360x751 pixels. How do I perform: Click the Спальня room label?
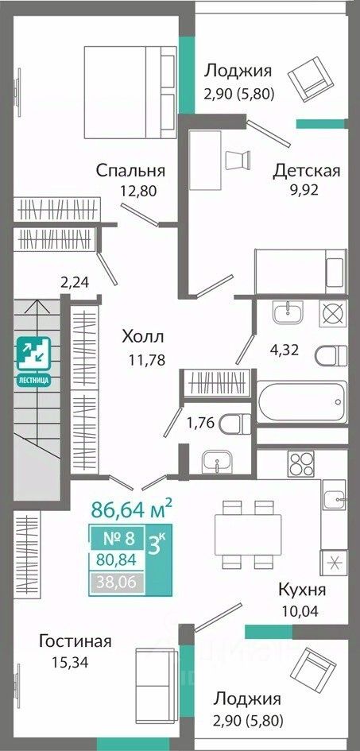coord(130,171)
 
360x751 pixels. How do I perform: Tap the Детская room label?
coord(307,171)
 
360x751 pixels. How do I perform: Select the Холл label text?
coord(143,337)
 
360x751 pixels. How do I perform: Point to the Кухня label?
coord(302,590)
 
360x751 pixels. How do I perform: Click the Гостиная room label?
coord(75,641)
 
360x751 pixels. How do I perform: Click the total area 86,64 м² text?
coord(131,509)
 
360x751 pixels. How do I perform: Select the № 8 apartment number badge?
coord(118,538)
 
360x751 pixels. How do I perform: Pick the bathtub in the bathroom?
coord(302,401)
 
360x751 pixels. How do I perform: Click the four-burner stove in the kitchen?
coord(300,463)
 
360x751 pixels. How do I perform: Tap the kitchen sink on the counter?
coord(334,500)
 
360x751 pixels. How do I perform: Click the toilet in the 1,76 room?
coord(235,424)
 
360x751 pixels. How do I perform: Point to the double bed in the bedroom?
coord(130,92)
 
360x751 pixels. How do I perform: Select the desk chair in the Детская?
coord(238,160)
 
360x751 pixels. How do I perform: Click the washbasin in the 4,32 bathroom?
coord(288,312)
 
